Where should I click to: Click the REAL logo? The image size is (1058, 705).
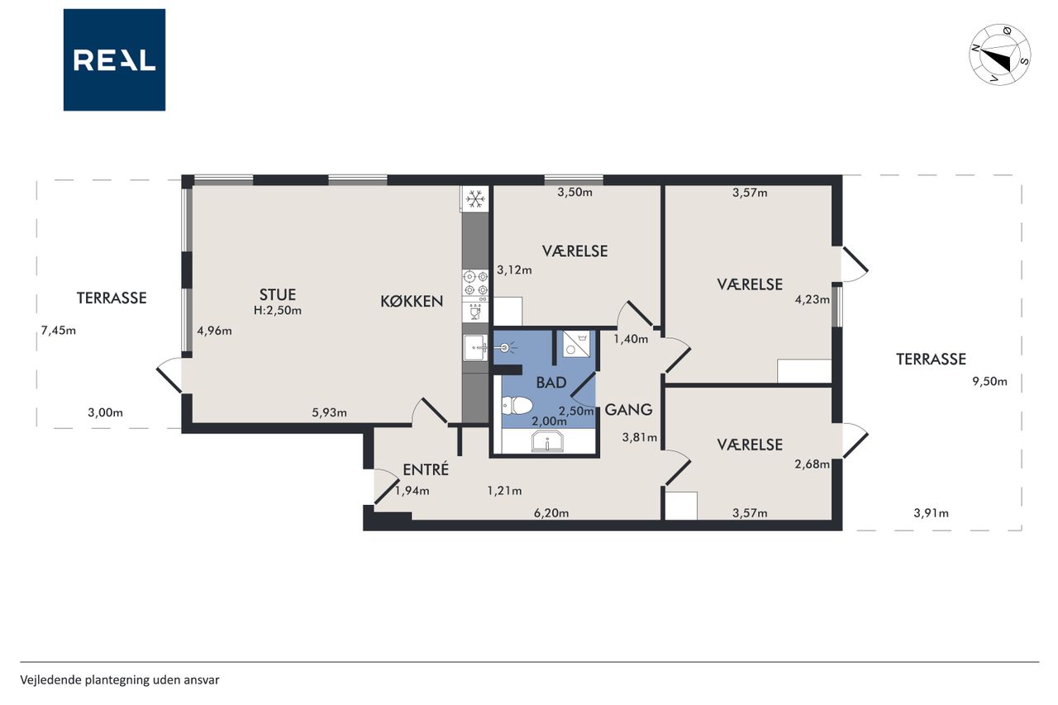click(114, 60)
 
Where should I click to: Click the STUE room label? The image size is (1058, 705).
click(278, 295)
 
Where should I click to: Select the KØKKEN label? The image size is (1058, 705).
click(412, 302)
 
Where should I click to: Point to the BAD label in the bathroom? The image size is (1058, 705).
click(551, 383)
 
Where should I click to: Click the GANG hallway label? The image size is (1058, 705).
click(629, 409)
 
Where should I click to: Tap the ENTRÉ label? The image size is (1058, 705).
click(426, 469)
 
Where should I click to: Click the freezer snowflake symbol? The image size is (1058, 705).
click(475, 199)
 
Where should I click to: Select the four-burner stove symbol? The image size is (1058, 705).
click(475, 283)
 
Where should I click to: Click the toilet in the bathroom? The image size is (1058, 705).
click(517, 406)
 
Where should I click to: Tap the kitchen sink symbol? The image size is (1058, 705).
click(475, 348)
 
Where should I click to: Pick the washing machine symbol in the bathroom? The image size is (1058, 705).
click(576, 343)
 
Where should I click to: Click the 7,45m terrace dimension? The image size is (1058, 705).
click(59, 331)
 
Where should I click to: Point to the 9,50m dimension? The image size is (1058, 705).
click(989, 382)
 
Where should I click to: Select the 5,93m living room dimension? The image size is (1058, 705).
click(329, 412)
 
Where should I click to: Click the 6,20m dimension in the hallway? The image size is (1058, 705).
click(551, 512)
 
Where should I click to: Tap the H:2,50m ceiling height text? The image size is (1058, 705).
click(278, 310)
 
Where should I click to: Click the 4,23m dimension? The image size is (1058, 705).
click(813, 299)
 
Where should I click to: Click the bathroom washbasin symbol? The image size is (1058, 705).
click(548, 441)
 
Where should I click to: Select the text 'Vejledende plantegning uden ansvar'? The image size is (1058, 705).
click(120, 680)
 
